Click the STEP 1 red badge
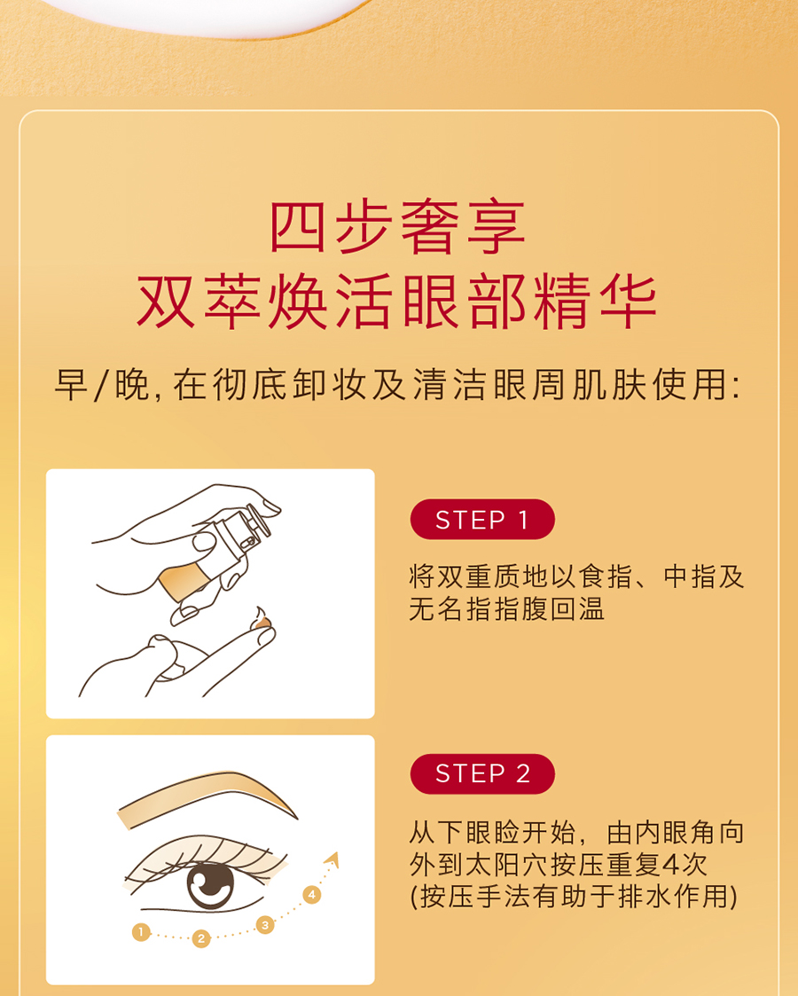click(x=482, y=520)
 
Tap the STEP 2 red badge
click(x=482, y=773)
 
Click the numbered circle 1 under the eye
click(x=141, y=932)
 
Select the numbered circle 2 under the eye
click(x=201, y=938)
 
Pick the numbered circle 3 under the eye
click(x=265, y=925)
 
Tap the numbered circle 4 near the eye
click(x=312, y=895)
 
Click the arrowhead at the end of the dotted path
click(x=332, y=859)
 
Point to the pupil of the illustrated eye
click(x=210, y=883)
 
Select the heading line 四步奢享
click(x=398, y=227)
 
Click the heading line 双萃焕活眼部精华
click(x=398, y=302)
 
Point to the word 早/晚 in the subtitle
click(x=103, y=385)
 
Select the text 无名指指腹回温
click(x=506, y=609)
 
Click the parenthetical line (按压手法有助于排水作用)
click(x=575, y=897)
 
